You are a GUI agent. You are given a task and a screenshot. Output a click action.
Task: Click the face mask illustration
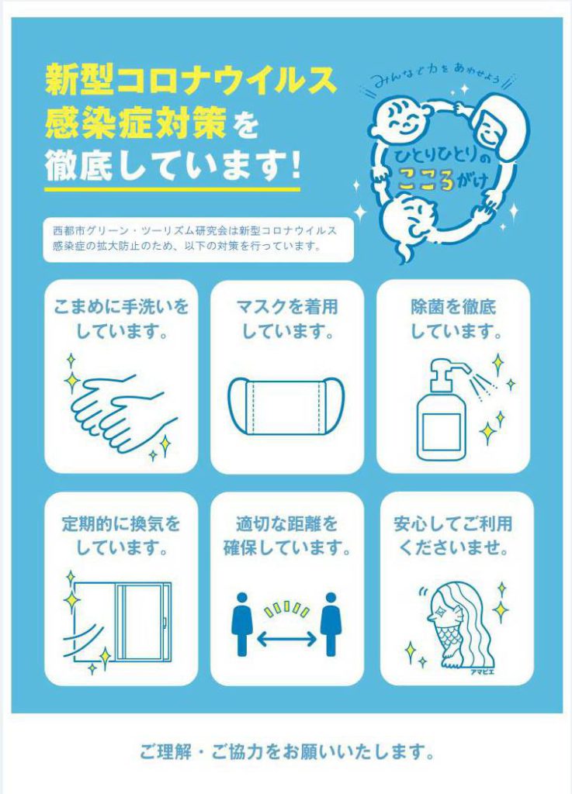point(286,406)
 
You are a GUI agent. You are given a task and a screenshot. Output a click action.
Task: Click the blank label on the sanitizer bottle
point(442,431)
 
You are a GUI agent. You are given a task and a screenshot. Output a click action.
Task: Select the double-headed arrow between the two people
point(286,639)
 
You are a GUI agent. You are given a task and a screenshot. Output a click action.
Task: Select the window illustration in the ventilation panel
point(123,621)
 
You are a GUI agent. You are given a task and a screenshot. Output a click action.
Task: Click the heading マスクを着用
point(286,307)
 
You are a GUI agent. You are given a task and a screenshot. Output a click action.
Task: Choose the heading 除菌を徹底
point(453,307)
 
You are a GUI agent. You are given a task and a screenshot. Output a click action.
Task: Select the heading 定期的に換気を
point(121,523)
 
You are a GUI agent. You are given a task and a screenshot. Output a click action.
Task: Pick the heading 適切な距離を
point(286,523)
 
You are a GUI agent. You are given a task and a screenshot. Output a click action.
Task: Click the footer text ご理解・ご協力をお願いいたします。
point(286,751)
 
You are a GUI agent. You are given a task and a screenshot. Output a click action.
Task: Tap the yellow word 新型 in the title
point(78,80)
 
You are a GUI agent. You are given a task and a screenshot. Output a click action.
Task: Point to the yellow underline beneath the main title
point(172,189)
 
